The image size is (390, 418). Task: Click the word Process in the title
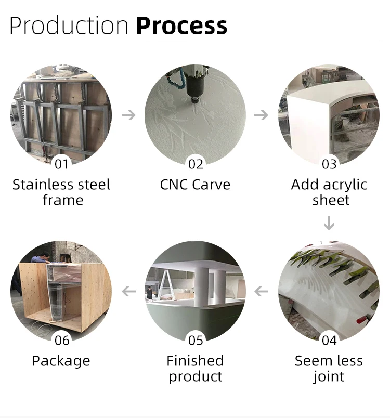click(181, 25)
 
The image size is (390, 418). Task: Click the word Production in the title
click(69, 25)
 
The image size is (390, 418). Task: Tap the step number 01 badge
click(62, 164)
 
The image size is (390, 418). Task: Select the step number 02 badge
click(196, 164)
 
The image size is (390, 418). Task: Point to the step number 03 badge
click(329, 164)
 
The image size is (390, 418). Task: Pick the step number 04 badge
click(329, 341)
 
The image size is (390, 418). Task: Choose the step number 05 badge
click(196, 341)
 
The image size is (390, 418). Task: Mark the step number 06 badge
click(62, 341)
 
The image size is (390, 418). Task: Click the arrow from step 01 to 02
click(128, 115)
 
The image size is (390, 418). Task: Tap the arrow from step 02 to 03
click(262, 115)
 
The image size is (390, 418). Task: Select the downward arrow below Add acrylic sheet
click(329, 224)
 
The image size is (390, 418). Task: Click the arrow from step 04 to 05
click(262, 291)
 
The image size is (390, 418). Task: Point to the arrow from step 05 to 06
click(128, 291)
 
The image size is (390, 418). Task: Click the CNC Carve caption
click(195, 185)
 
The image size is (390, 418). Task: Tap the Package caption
click(61, 361)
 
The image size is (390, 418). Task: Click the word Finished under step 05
click(195, 361)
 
